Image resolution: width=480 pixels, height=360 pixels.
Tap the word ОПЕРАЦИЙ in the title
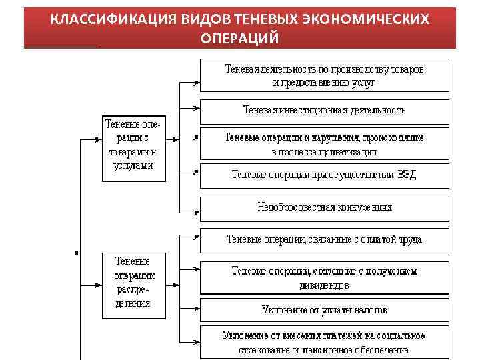tap(239, 38)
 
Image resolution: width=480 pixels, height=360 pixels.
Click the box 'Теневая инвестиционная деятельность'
tap(325, 111)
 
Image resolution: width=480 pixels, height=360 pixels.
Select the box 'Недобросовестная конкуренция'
tap(325, 207)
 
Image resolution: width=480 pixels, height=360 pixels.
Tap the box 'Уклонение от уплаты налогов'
tap(325, 310)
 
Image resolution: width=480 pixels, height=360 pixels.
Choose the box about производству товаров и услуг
tap(325, 75)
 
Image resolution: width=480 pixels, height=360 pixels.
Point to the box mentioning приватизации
tap(325, 145)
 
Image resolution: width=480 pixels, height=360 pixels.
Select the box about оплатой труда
tap(325, 239)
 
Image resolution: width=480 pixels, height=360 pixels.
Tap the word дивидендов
tap(324, 285)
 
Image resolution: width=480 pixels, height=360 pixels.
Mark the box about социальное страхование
tap(325, 342)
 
